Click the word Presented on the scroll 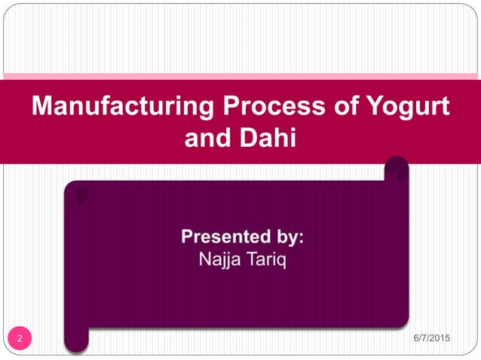pos(225,237)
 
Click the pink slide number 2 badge pos(20,337)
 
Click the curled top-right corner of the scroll pos(397,169)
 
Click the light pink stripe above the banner pos(240,76)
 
